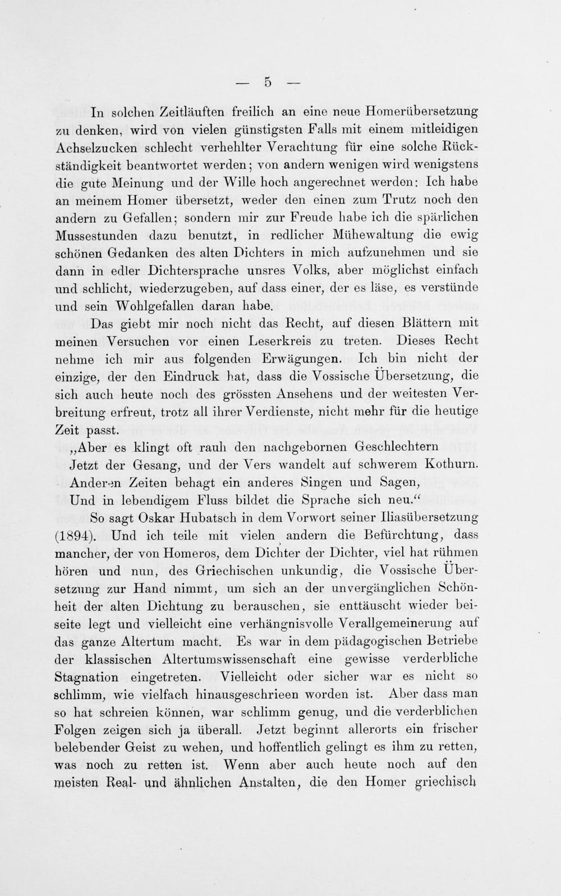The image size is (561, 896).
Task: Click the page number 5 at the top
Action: [x=268, y=82]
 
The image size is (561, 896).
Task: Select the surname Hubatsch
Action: [x=218, y=517]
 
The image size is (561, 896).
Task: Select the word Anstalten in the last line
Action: [x=269, y=782]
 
